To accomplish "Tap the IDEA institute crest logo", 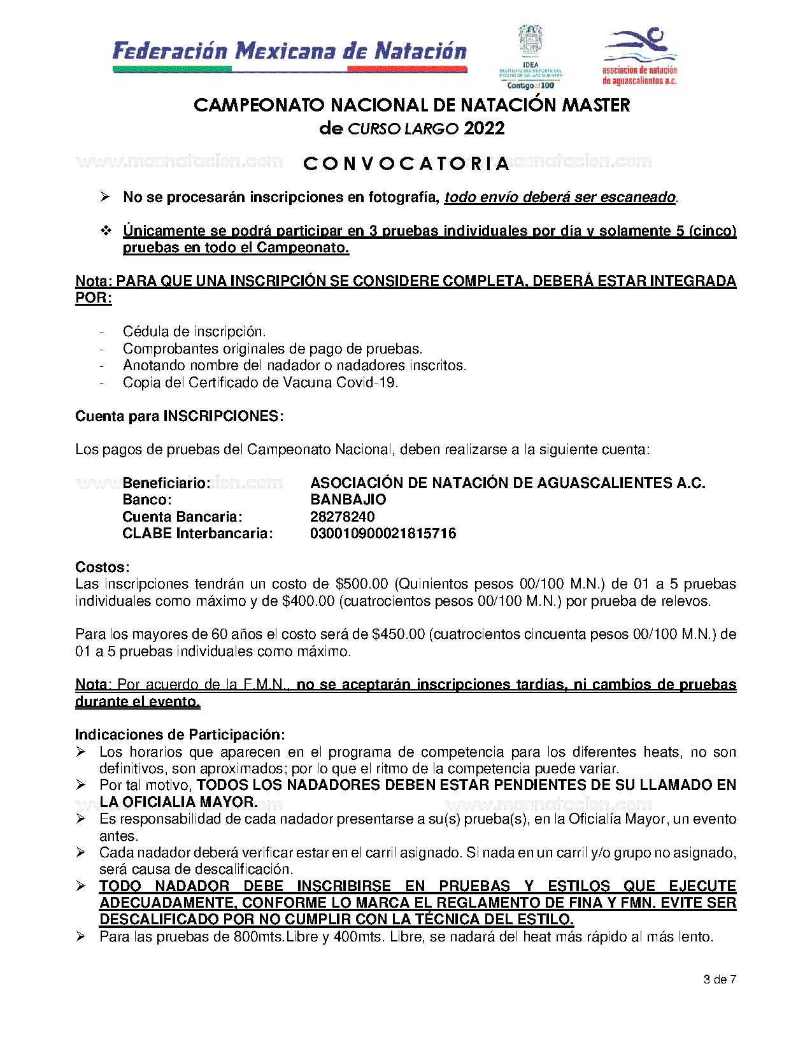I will (x=531, y=57).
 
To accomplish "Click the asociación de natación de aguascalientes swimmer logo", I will (x=640, y=56).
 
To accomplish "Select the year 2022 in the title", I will (x=484, y=129).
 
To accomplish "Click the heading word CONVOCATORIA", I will (x=406, y=164).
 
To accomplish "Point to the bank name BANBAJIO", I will (x=348, y=500).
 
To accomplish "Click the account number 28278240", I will (x=343, y=517).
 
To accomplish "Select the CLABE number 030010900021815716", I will (x=383, y=534).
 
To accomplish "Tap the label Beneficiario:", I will (x=166, y=483).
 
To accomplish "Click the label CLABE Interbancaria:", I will (x=197, y=534).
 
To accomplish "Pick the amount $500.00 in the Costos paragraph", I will (x=362, y=584).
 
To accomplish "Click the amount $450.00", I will (x=398, y=634).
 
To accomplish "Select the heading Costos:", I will (x=103, y=567).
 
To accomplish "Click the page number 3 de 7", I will (x=720, y=980).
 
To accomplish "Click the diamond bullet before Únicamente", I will (x=106, y=231).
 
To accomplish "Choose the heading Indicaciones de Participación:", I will (x=180, y=735).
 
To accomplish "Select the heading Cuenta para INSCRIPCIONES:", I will (x=180, y=417).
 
